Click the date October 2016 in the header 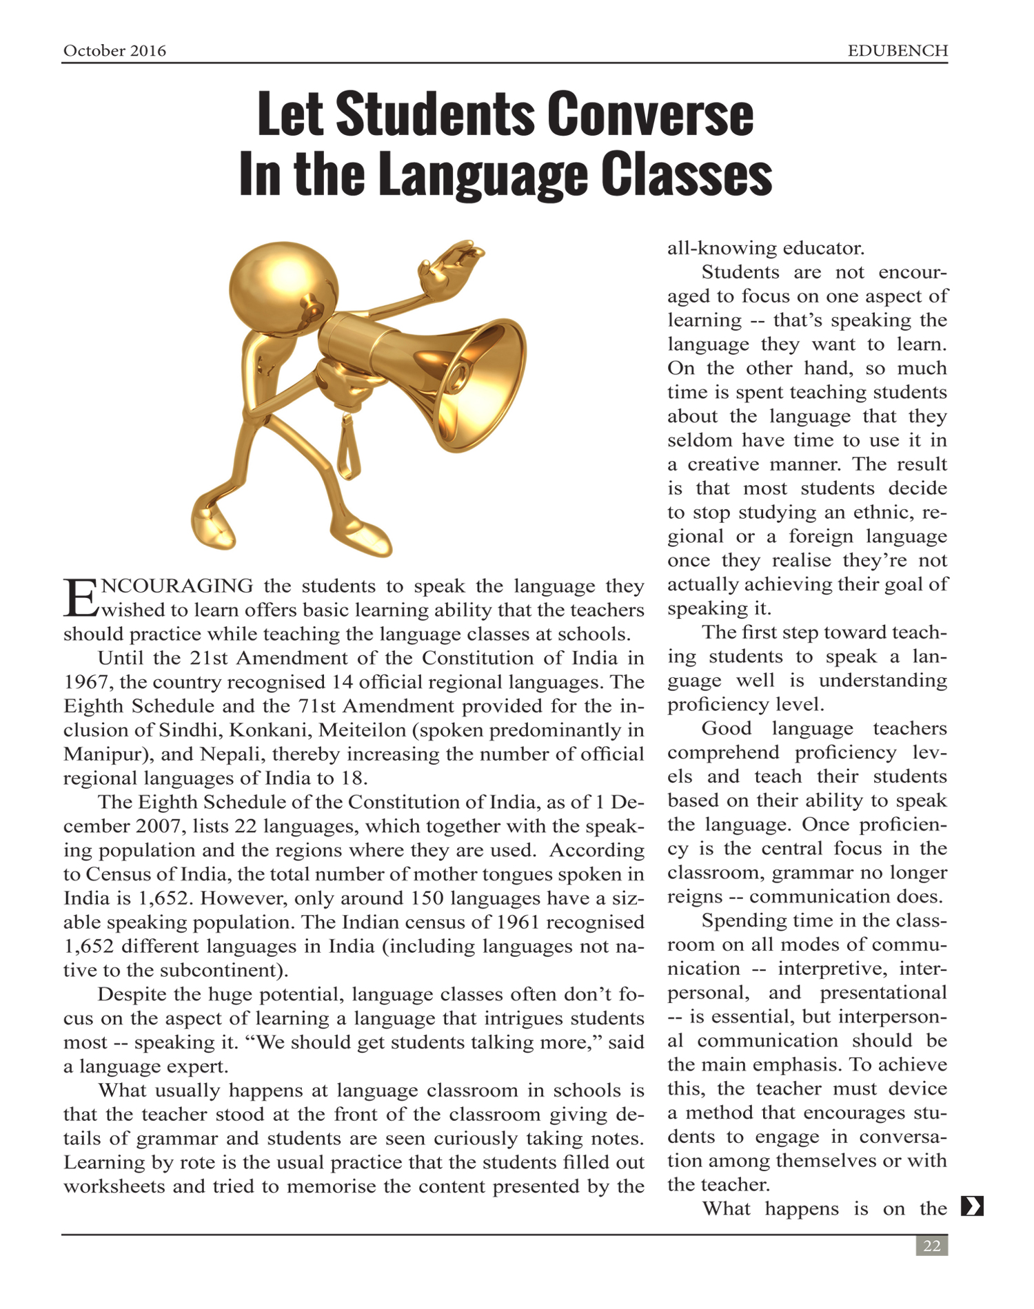[x=114, y=51]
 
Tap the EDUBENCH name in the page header [x=898, y=51]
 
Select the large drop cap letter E [x=81, y=597]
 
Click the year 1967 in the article [x=87, y=682]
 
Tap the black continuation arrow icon [x=972, y=1206]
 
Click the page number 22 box [x=931, y=1246]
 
